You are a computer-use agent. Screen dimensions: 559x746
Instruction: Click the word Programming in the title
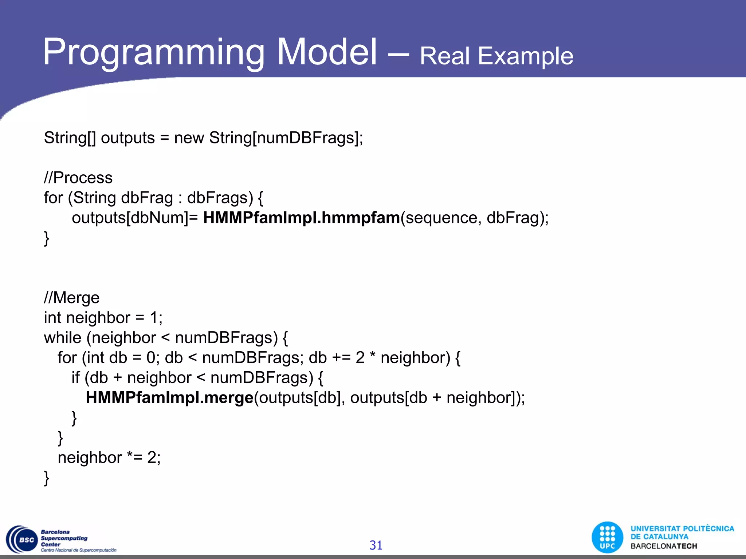[x=153, y=53]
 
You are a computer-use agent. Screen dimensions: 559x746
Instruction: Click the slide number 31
[x=376, y=545]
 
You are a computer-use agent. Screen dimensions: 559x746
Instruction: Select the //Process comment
[x=78, y=178]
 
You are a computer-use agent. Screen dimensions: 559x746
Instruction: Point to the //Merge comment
[x=72, y=298]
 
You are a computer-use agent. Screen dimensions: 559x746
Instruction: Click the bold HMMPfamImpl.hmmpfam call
[x=301, y=218]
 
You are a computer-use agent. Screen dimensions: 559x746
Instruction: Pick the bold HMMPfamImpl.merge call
[x=169, y=398]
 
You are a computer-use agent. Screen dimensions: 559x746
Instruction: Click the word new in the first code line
[x=189, y=138]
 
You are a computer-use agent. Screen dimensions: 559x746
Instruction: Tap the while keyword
[x=63, y=338]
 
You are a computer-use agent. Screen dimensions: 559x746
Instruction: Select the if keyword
[x=75, y=378]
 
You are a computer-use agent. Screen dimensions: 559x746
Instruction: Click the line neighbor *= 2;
[x=109, y=457]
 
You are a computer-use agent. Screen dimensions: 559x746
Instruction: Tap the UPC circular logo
[x=607, y=538]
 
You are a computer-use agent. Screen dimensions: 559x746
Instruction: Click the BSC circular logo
[x=22, y=540]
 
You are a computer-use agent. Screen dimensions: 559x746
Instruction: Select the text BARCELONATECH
[x=664, y=546]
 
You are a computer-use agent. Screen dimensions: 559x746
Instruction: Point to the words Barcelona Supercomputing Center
[x=64, y=538]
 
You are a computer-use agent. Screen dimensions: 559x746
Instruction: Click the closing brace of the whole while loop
[x=46, y=478]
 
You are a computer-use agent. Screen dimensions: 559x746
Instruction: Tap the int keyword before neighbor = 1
[x=52, y=318]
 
